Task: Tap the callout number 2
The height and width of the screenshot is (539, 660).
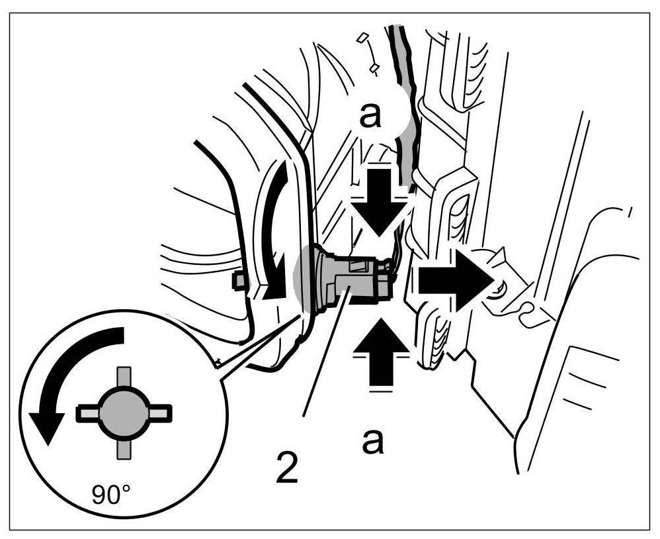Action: click(x=286, y=467)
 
